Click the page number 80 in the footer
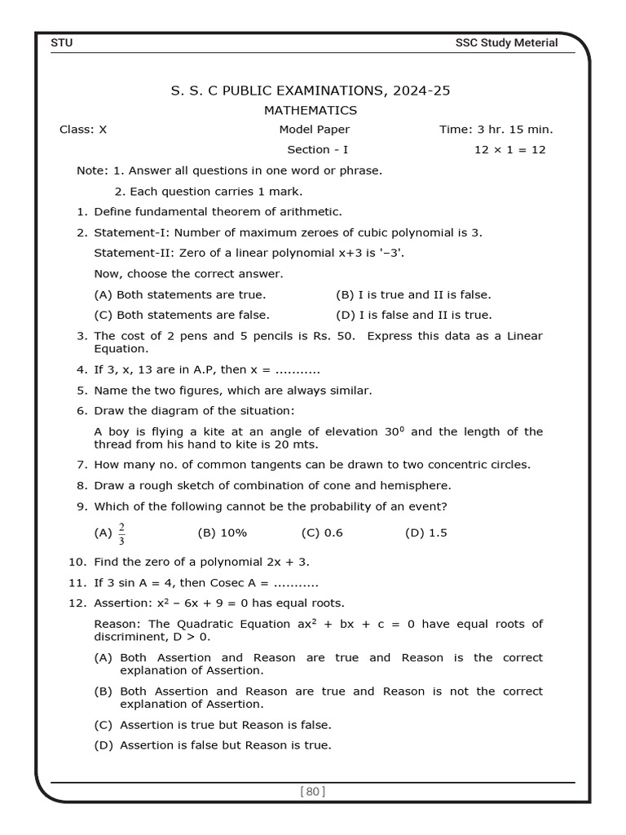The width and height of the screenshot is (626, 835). tap(313, 790)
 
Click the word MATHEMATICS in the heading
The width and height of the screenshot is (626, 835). tap(311, 110)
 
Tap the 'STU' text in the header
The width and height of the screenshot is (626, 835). tap(62, 42)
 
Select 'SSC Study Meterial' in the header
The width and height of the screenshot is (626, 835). tap(506, 42)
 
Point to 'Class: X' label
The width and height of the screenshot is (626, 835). tap(83, 129)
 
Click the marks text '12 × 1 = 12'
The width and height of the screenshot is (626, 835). tap(509, 149)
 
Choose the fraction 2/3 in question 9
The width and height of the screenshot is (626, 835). tap(121, 533)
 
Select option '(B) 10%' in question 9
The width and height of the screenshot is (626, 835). tap(222, 532)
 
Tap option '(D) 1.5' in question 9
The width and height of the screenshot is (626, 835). tap(425, 532)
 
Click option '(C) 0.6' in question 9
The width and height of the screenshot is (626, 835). tap(322, 532)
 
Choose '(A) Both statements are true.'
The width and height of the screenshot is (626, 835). tap(180, 294)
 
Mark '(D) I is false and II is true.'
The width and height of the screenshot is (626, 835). tap(413, 315)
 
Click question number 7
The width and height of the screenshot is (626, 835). tap(82, 465)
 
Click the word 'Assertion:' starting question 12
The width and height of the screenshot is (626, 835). tap(122, 603)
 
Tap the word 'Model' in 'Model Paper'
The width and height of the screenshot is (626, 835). tap(295, 129)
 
